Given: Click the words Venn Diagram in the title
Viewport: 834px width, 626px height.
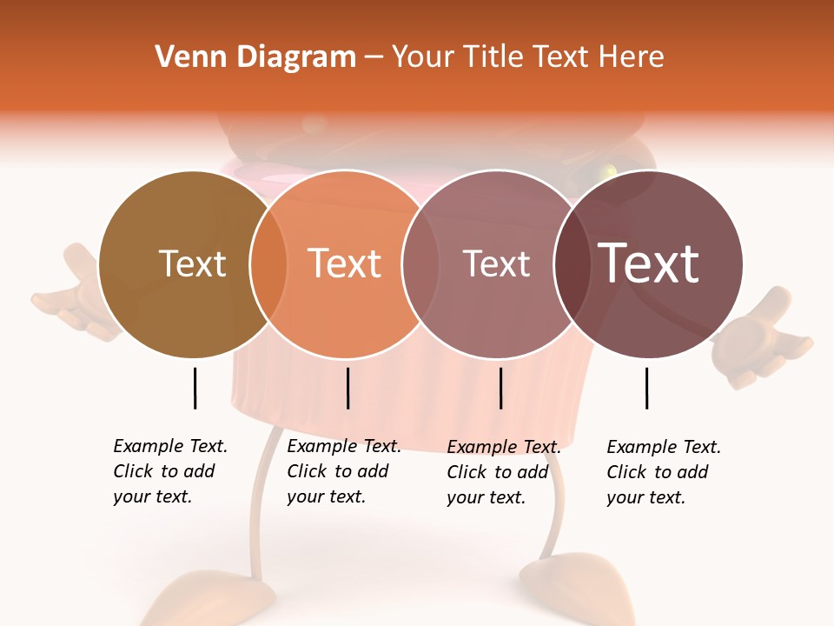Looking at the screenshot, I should click(255, 57).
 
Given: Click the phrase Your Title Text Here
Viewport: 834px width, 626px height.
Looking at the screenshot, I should click(527, 57).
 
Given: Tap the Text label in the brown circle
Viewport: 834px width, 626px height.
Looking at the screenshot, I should click(192, 263).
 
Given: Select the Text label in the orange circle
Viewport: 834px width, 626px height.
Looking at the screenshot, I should click(345, 263).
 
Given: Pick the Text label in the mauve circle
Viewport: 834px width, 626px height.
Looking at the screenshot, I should click(496, 263).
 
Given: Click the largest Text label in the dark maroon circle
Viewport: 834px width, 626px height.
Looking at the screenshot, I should click(649, 263).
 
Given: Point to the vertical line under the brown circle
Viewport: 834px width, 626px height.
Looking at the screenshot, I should click(195, 388).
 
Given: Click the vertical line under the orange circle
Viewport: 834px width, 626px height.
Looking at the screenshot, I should click(347, 388).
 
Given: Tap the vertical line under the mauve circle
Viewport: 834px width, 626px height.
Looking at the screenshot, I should click(501, 388).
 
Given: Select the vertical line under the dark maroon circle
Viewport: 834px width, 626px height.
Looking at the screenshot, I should click(647, 388).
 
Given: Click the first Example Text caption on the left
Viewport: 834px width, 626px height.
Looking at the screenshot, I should click(169, 471).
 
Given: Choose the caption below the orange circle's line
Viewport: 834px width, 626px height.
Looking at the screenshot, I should click(343, 471).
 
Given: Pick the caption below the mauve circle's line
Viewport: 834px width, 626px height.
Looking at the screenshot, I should click(503, 472).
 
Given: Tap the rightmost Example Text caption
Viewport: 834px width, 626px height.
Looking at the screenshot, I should click(663, 472).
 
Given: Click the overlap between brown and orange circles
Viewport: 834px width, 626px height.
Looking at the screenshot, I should click(268, 263).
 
